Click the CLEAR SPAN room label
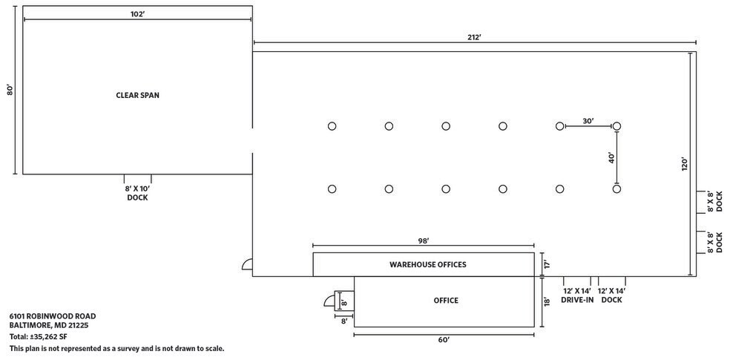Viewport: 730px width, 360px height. [137, 95]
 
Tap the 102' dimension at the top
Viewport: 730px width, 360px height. [137, 13]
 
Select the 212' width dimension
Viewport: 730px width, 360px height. [474, 37]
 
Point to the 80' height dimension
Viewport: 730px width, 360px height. [10, 89]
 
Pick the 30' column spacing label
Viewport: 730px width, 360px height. [588, 121]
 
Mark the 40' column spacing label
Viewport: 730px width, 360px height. [612, 158]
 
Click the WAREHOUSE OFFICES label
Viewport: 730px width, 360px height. [428, 264]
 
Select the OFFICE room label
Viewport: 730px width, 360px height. [446, 301]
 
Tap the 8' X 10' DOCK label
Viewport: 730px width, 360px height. [137, 193]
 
